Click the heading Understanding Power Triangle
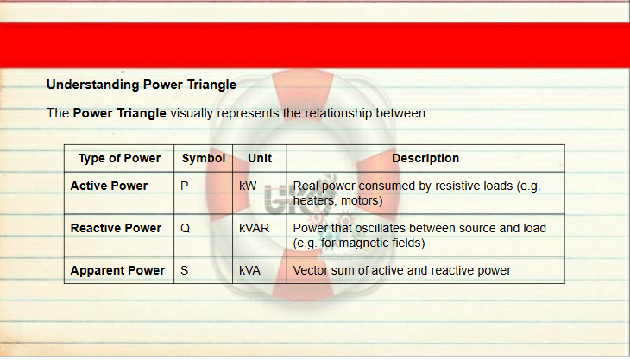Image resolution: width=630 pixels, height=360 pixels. [x=142, y=85]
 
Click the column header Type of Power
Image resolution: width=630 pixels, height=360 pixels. [x=119, y=158]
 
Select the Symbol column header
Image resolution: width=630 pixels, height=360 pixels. [x=204, y=158]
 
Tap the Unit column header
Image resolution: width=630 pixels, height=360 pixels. [x=260, y=158]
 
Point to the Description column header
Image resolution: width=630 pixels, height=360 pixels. [x=425, y=158]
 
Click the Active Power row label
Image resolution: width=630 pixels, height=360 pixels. [x=109, y=186]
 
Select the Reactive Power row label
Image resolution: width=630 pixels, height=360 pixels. [x=116, y=228]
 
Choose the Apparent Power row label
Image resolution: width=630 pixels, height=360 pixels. [x=117, y=270]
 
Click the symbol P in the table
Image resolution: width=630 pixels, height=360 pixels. [x=185, y=186]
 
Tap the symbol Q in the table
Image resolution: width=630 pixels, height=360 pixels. [x=186, y=228]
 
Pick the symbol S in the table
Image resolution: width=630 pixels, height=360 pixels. [x=185, y=270]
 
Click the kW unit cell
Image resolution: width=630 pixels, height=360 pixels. [x=248, y=186]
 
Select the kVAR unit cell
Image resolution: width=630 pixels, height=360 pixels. [x=254, y=228]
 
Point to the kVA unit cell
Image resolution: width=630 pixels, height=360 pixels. [x=249, y=270]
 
